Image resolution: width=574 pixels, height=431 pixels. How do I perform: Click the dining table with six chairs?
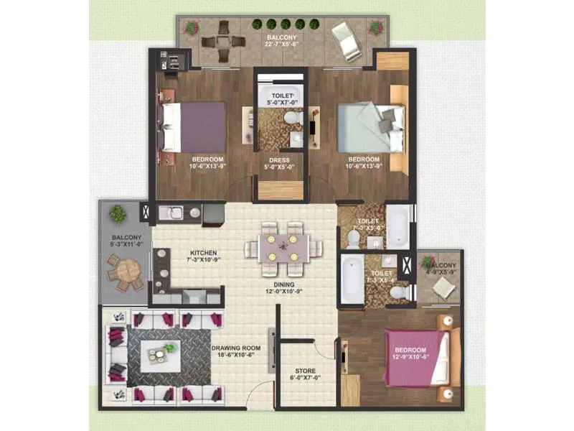(x=280, y=247)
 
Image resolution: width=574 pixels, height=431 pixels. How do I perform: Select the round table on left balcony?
(x=127, y=271)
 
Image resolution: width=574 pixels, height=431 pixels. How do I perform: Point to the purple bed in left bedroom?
(x=194, y=126)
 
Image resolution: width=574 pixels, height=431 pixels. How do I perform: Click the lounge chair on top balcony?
(x=349, y=41)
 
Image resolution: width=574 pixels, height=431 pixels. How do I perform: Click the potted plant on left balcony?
(x=117, y=213)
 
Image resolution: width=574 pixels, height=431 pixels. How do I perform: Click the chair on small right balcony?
(x=443, y=287)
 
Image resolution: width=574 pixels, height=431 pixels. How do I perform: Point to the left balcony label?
(x=126, y=241)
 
